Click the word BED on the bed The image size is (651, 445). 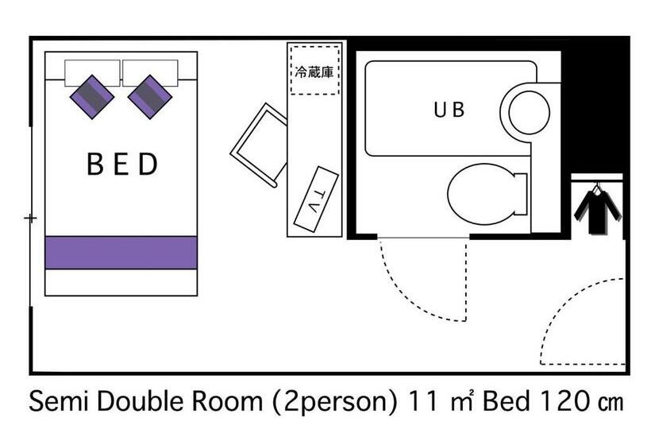pos(122,164)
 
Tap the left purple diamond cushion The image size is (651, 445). pos(92,97)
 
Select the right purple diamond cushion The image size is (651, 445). pos(149,97)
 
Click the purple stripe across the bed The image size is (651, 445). pos(121,253)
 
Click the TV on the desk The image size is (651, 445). pos(316,199)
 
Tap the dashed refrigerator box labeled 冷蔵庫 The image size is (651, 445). pos(314,70)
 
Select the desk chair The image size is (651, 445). pos(259,145)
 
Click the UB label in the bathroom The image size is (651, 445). pos(449,110)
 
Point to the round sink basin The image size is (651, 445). pos(529,113)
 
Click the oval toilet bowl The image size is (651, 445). pos(481,194)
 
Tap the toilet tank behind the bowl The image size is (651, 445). pos(521,194)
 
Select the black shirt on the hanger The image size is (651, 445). pos(598,211)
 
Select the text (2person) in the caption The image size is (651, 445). pos(335,402)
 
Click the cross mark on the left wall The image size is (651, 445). pos(30,219)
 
